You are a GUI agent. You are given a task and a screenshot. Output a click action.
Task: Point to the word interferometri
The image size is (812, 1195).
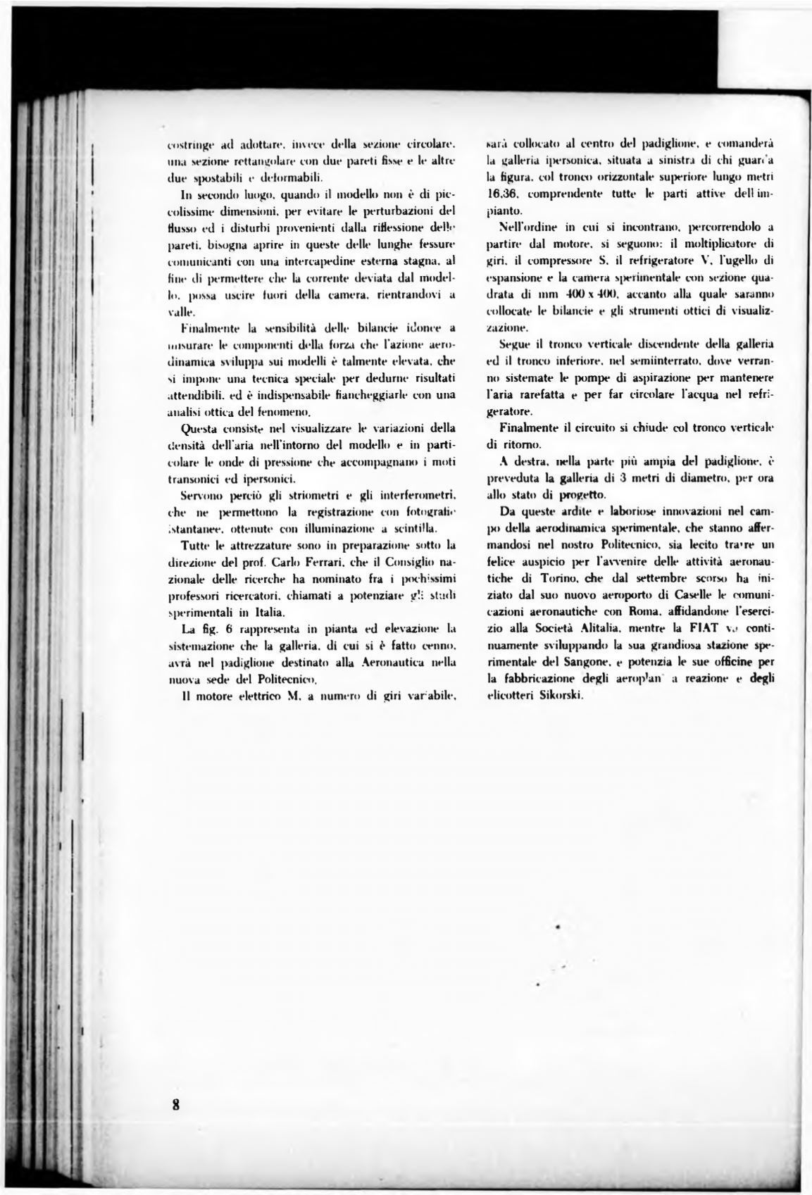421,496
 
